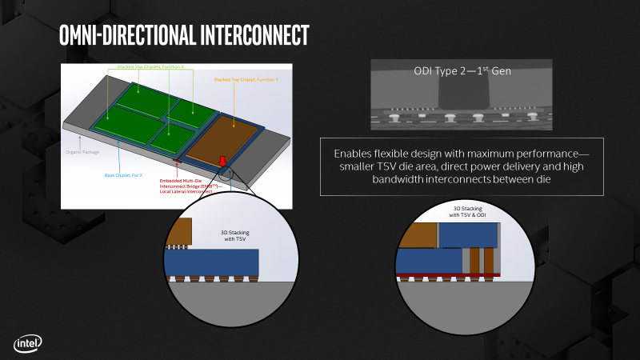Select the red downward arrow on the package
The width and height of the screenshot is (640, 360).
click(x=222, y=163)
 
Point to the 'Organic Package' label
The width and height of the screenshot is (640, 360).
click(x=82, y=149)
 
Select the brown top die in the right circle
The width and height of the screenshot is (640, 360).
click(x=417, y=235)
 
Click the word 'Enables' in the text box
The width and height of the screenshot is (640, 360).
click(x=354, y=152)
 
